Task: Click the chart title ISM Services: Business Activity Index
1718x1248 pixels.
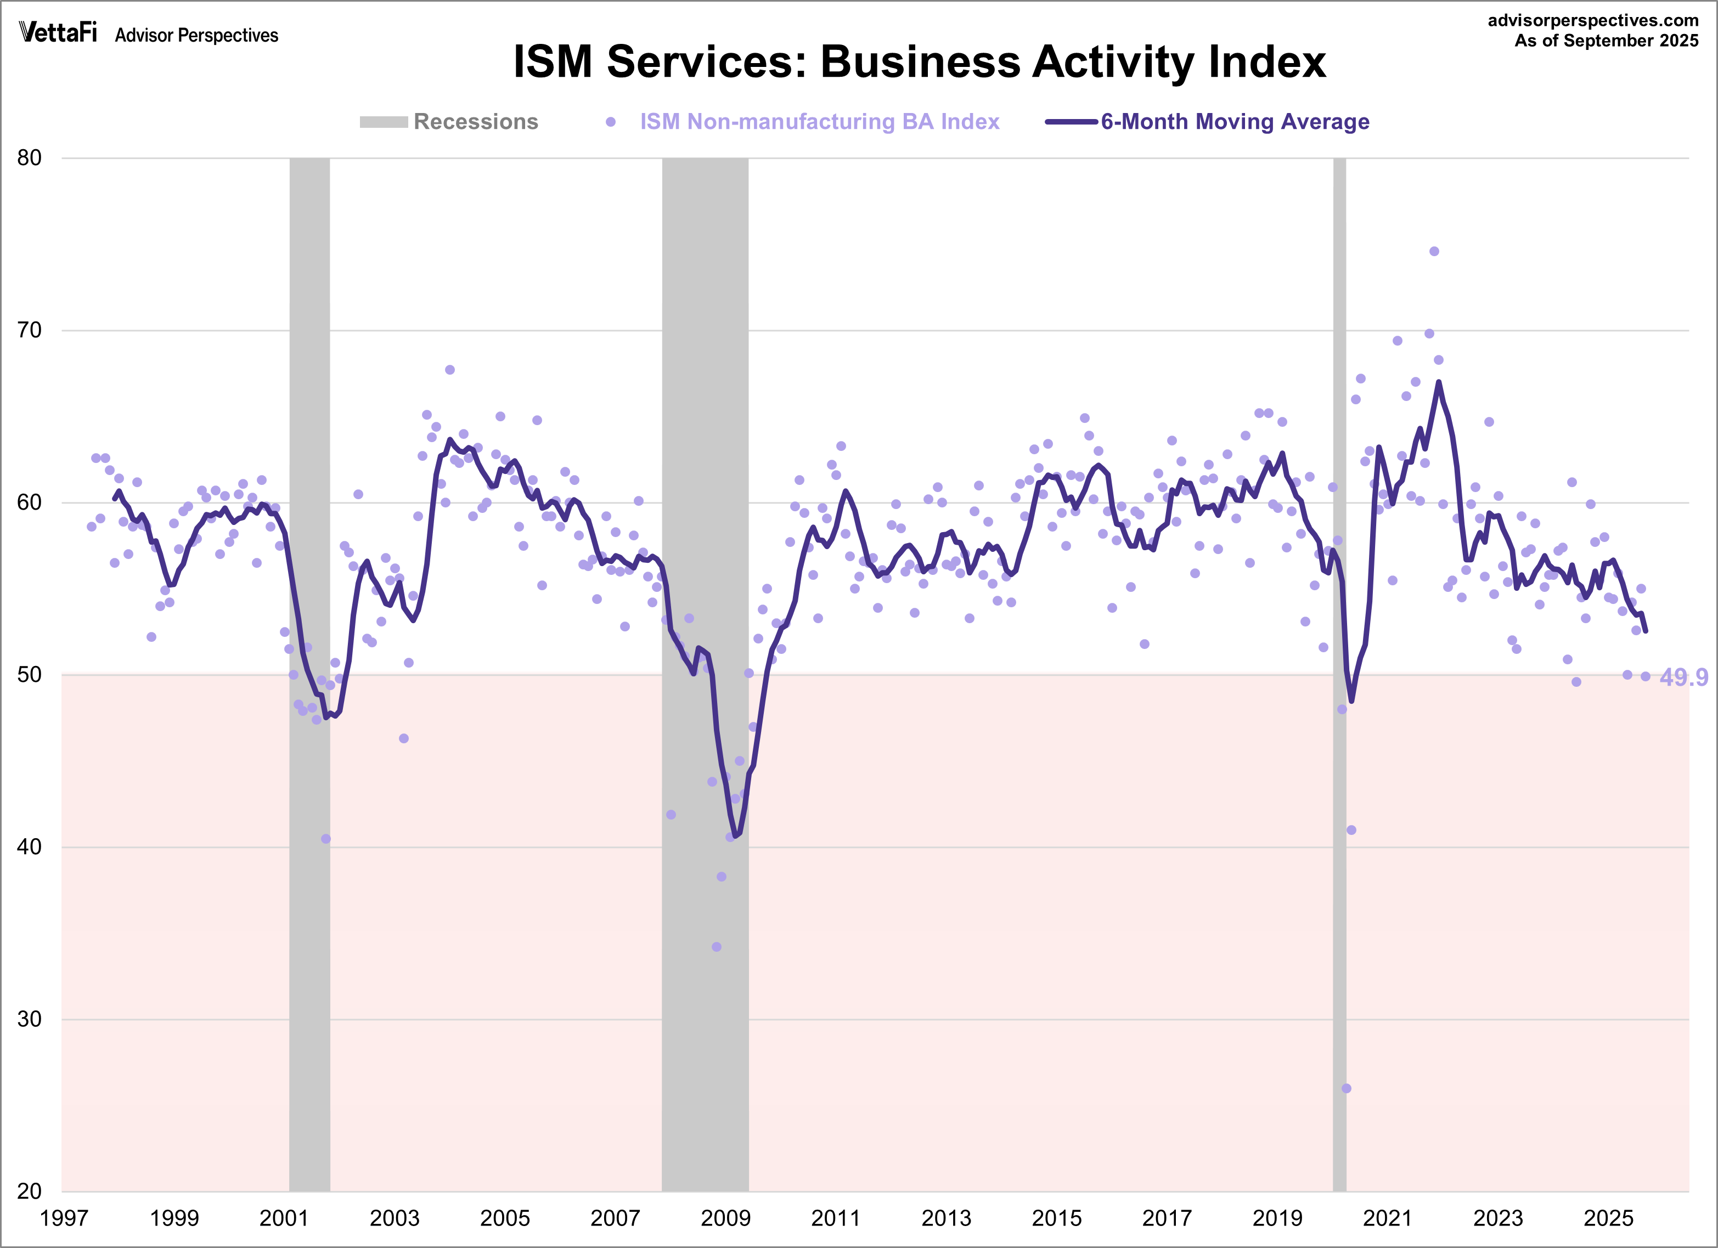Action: click(919, 61)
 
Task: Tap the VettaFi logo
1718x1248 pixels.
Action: click(58, 32)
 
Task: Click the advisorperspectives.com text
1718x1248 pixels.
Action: click(1593, 20)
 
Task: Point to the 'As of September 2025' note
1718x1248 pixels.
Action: click(1606, 41)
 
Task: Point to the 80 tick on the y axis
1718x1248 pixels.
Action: click(30, 159)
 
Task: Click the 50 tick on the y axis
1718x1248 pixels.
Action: click(30, 675)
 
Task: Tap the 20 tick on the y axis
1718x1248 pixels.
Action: click(30, 1191)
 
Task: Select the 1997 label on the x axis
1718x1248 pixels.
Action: click(64, 1218)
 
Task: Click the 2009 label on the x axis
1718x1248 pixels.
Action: click(726, 1218)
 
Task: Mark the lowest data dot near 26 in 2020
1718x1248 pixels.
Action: click(1346, 1088)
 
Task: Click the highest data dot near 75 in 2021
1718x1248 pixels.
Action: click(1434, 251)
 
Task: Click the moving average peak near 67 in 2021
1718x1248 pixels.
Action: click(1439, 382)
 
